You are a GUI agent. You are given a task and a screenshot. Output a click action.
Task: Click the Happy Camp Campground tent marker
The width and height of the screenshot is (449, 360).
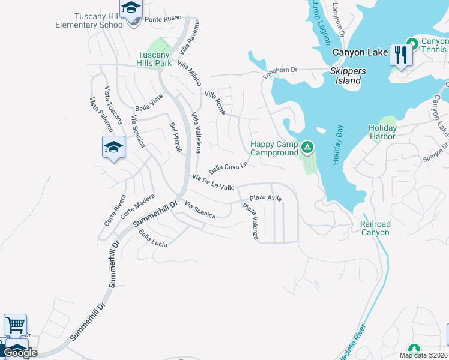click(x=307, y=146)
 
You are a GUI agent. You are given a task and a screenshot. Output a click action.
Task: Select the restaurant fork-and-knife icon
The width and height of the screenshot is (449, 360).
click(x=399, y=55)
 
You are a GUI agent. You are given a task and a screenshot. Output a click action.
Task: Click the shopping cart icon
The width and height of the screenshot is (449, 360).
click(x=15, y=325)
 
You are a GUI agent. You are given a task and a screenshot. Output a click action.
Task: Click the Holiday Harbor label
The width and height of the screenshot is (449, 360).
click(x=382, y=132)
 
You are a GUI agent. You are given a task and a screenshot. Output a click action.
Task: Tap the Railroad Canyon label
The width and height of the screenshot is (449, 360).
click(x=375, y=228)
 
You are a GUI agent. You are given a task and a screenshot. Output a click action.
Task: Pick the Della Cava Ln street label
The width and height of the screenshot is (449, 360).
click(x=228, y=166)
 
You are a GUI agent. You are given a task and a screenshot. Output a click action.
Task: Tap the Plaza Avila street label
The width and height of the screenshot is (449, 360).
click(x=265, y=197)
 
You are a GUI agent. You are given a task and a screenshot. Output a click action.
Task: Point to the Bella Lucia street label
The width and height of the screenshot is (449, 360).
click(x=153, y=239)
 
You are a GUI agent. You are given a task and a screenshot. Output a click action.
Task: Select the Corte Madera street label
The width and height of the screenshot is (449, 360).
click(x=137, y=206)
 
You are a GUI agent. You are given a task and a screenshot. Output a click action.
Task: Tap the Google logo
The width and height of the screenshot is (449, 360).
click(x=20, y=353)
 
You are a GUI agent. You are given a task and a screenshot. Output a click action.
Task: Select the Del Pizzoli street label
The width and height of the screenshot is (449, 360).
click(x=175, y=137)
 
